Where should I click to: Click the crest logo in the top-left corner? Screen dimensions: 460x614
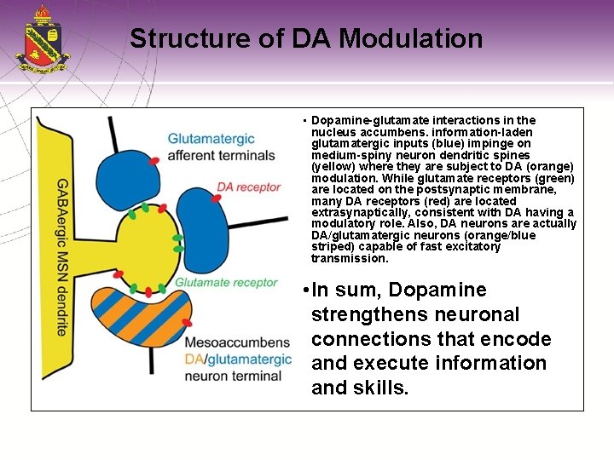(x=42, y=39)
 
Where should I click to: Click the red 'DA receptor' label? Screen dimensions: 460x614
(x=248, y=187)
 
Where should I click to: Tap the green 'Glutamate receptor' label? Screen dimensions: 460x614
(x=226, y=282)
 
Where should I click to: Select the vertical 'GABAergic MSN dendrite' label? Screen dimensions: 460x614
(x=61, y=256)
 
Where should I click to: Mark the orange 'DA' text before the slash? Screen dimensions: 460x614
(x=193, y=359)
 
